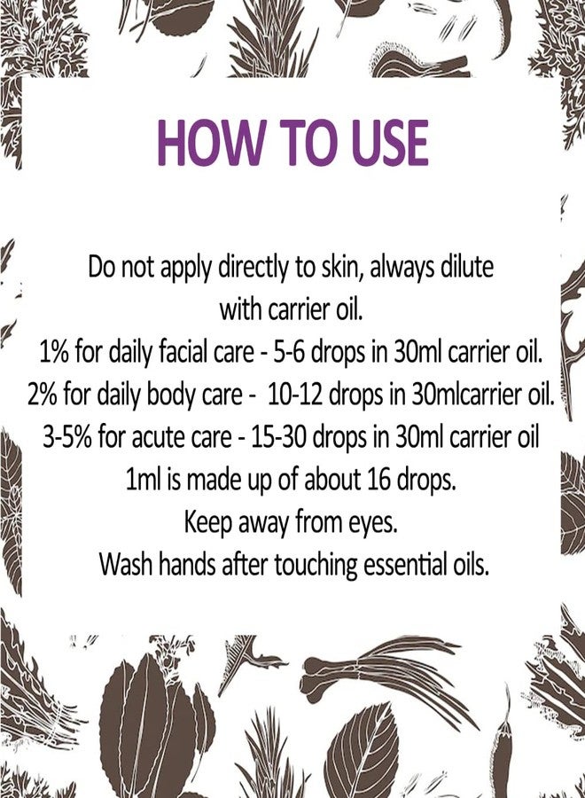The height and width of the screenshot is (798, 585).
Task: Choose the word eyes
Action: [372, 523]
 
